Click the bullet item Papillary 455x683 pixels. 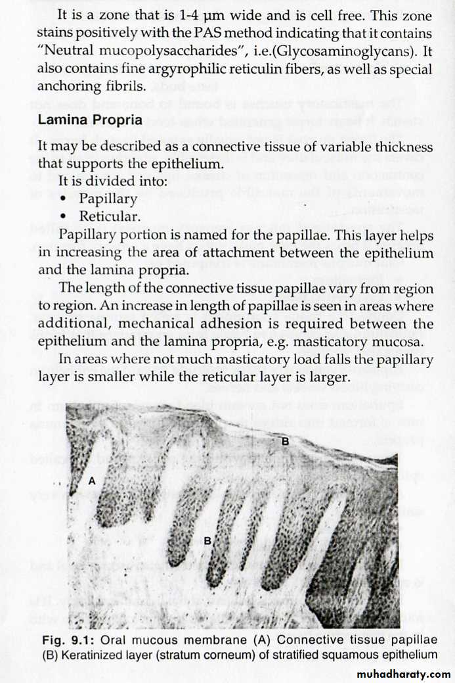point(108,198)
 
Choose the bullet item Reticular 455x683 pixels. point(110,216)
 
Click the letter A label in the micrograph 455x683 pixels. point(92,481)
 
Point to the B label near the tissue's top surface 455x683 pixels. point(285,442)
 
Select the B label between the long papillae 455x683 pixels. point(207,540)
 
